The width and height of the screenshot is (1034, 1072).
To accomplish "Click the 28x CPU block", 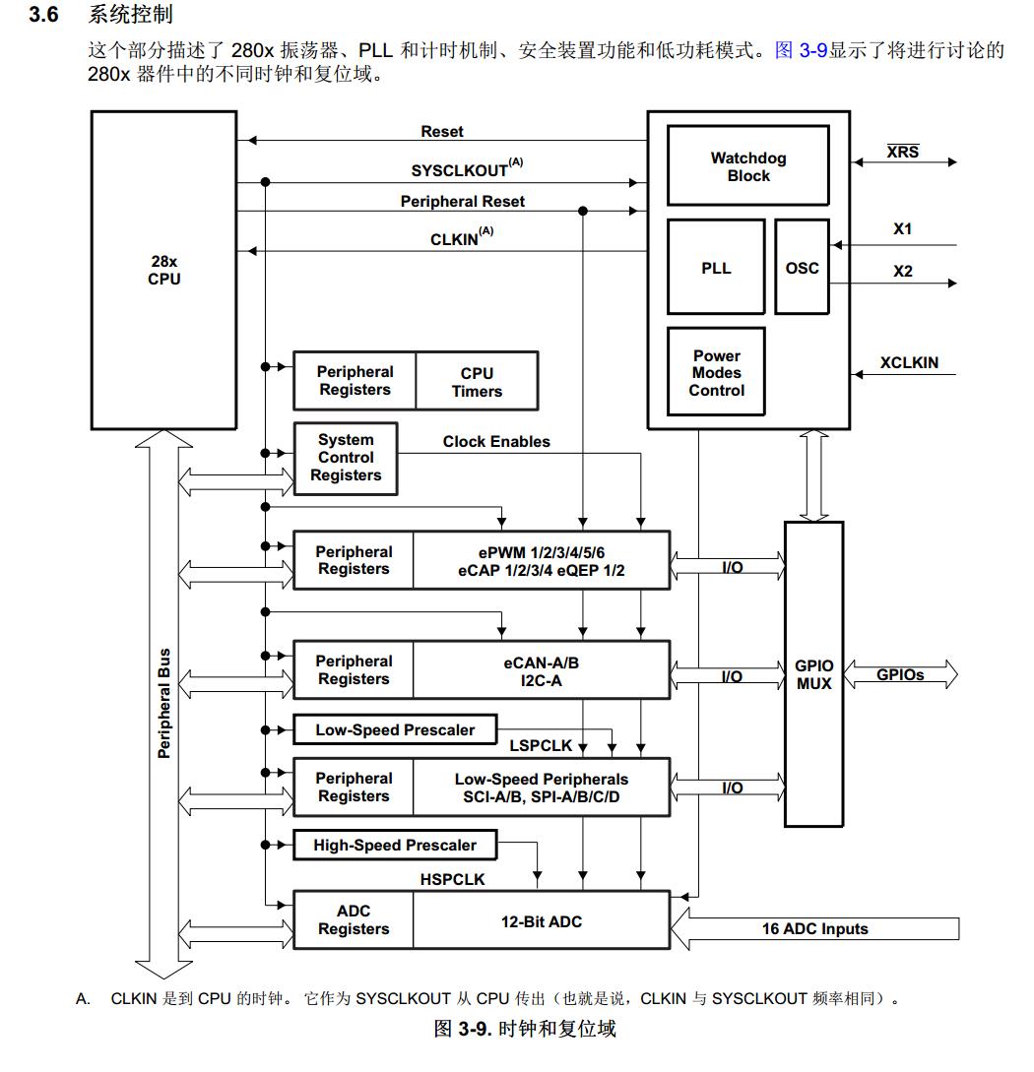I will (163, 270).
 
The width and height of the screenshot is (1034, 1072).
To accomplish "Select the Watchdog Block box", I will (747, 166).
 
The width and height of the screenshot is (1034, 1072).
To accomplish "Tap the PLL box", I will (716, 268).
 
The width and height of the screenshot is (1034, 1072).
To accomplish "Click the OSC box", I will (802, 268).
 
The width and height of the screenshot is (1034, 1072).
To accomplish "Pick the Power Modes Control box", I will (716, 373).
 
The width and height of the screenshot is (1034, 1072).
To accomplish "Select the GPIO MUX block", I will (813, 674).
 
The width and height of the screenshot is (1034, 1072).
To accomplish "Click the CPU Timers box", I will (477, 382).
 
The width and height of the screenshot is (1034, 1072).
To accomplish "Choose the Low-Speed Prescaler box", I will (394, 729).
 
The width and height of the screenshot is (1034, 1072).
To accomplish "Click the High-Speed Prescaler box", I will (394, 845).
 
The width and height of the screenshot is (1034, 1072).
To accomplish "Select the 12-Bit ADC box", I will (541, 921).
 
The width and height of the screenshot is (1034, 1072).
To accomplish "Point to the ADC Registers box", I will (353, 920).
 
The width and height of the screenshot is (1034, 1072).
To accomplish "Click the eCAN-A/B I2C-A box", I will (541, 671).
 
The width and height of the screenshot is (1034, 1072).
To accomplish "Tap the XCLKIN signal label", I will (909, 363).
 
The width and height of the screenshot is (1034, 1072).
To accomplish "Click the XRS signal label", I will (902, 152).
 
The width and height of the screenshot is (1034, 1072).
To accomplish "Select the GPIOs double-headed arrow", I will (900, 675).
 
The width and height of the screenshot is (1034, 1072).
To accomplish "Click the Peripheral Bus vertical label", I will (164, 703).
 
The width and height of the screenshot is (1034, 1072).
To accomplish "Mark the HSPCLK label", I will (453, 879).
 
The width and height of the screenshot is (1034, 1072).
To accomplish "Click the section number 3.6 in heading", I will (46, 16).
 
